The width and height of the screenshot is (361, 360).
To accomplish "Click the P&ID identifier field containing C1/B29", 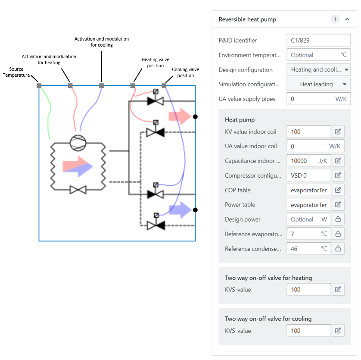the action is [318, 41].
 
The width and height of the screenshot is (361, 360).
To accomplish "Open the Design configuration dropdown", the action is [318, 69].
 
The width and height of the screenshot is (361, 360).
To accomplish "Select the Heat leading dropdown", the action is [318, 84].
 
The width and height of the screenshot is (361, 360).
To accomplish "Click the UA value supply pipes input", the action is [318, 99].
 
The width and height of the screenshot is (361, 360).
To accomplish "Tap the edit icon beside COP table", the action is [338, 190].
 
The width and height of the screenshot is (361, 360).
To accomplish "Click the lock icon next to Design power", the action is [338, 219].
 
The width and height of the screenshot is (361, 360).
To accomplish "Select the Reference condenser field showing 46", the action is [309, 248].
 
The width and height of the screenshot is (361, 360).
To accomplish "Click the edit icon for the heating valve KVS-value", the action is [338, 289].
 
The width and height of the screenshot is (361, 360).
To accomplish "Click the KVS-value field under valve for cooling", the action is [309, 331].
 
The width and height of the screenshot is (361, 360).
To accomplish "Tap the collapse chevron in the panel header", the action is [347, 19].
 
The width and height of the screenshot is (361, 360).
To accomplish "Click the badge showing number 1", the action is [335, 19].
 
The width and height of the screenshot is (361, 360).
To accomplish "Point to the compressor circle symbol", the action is [78, 143].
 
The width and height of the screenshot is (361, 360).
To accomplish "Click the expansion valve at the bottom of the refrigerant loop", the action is [78, 190].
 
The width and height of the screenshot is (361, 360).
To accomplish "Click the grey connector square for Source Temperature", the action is [39, 86].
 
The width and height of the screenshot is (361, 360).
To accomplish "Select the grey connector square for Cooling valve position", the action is [164, 86].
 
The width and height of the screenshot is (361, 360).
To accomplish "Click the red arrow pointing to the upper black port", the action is [180, 116].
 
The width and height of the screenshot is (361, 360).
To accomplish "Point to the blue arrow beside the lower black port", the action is [180, 210].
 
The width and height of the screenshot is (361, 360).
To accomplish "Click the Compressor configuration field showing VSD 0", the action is [309, 175].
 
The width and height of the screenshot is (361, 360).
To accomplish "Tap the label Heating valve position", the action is [156, 63].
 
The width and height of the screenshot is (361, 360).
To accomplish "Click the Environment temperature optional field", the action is [318, 55].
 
